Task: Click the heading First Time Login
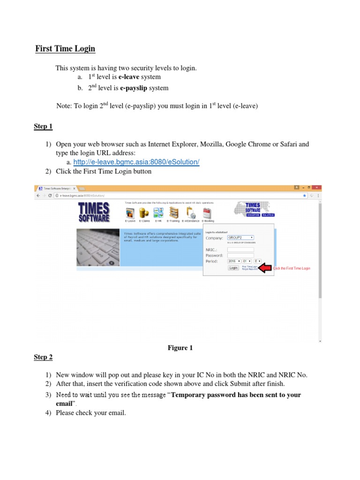tap(66, 49)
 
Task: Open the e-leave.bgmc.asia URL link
tap(136, 162)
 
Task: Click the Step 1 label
tap(43, 127)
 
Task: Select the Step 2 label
tap(43, 357)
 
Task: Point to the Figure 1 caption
tap(180, 348)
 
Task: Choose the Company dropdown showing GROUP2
tap(240, 238)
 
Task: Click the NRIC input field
tap(240, 250)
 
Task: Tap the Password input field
tap(240, 255)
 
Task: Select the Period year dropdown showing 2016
tap(233, 261)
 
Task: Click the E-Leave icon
tap(130, 213)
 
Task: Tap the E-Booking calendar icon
tap(208, 213)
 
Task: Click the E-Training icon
tap(174, 213)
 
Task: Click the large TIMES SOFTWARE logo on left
tap(94, 212)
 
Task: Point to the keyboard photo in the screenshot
tap(97, 247)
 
